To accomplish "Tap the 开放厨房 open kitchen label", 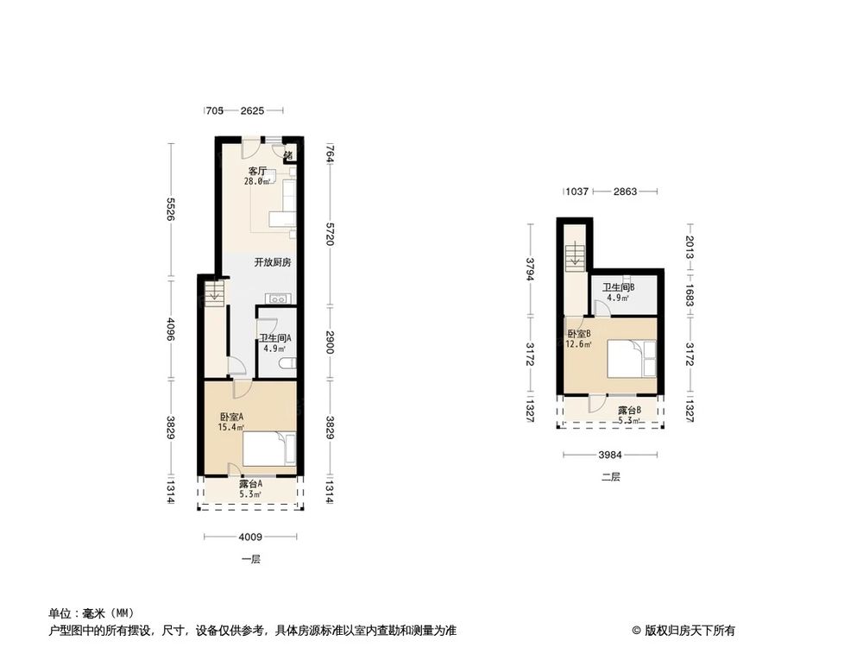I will [272, 262].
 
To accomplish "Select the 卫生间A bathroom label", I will [275, 338].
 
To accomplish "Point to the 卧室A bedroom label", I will [231, 417].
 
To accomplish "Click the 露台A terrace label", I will [251, 484].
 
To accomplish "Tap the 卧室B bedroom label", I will [578, 334].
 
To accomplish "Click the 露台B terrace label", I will [628, 411].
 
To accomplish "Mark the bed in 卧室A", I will [268, 449].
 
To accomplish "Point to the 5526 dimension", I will [171, 210].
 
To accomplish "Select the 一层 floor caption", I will [250, 558].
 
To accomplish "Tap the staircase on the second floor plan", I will [574, 255].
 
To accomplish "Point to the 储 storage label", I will [289, 156].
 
